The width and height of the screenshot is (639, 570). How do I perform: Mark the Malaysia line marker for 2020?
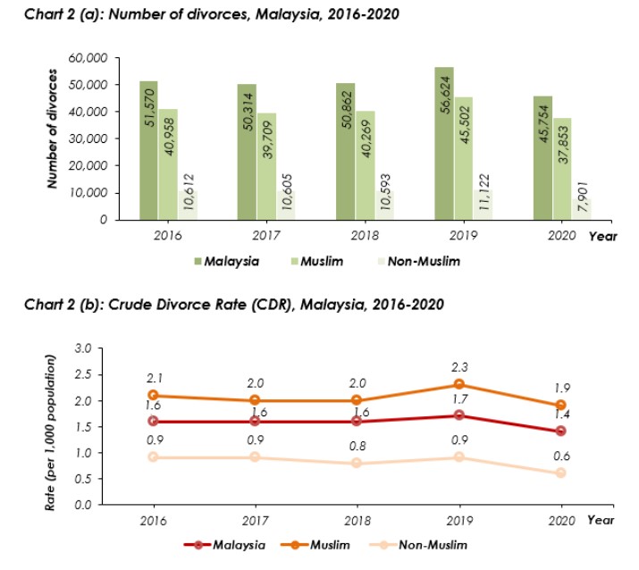[560, 431]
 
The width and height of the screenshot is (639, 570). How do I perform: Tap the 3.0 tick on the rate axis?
[85, 348]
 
